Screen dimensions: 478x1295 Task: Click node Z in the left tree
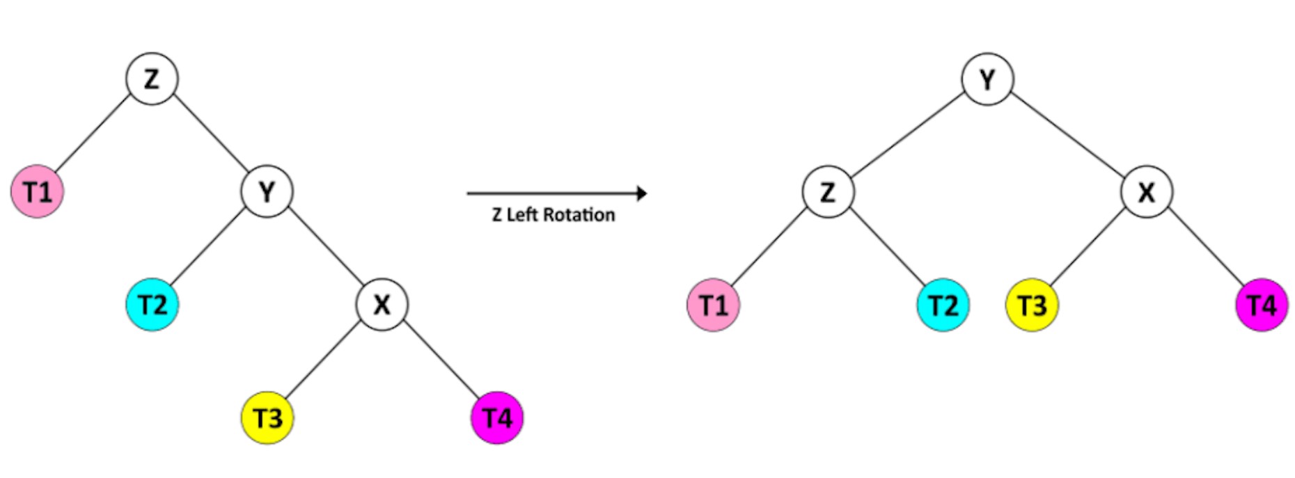click(x=152, y=79)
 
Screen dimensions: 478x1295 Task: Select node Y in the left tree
click(x=267, y=191)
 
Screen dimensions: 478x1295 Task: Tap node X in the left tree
click(x=382, y=305)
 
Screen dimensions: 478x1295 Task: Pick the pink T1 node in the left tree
click(x=38, y=191)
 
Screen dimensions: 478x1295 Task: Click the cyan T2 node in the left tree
click(x=152, y=305)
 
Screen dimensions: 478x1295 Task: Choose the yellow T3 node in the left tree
click(x=267, y=418)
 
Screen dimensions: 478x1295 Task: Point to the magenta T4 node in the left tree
click(x=497, y=418)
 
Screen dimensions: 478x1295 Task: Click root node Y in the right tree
click(x=987, y=79)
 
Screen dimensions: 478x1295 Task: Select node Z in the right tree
click(x=828, y=191)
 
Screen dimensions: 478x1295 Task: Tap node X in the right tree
click(x=1147, y=191)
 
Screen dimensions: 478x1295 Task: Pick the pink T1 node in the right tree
click(x=714, y=305)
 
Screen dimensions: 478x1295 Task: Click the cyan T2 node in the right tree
click(x=943, y=305)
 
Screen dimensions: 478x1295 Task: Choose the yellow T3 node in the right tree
click(x=1033, y=305)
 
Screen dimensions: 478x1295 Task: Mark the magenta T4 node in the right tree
click(x=1262, y=305)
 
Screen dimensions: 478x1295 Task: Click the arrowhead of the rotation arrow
click(x=642, y=193)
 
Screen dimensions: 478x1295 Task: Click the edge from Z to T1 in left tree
click(x=94, y=134)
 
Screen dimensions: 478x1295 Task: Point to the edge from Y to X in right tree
click(x=1067, y=136)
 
